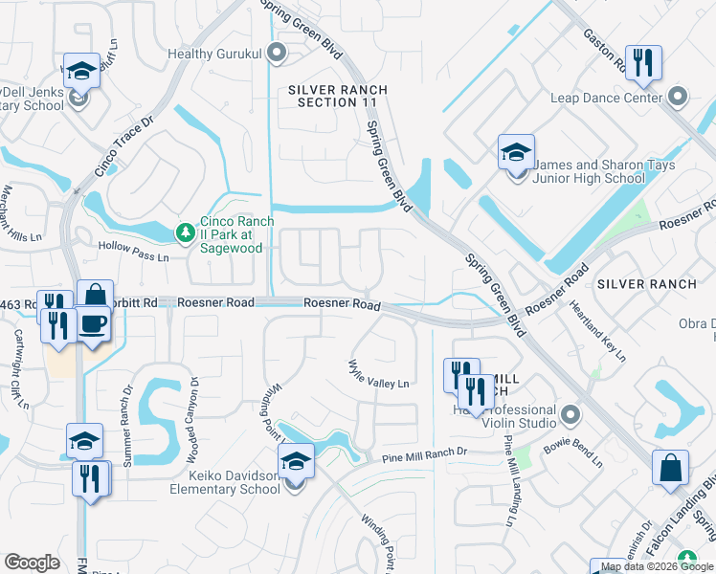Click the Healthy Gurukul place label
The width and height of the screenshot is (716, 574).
(x=215, y=54)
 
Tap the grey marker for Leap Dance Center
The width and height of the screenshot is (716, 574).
(x=679, y=97)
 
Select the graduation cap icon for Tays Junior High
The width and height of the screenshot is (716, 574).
(x=516, y=153)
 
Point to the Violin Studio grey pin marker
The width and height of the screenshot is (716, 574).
(x=571, y=415)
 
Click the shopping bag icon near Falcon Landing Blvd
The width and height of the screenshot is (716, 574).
(x=670, y=470)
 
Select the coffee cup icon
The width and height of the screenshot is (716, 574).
(x=93, y=325)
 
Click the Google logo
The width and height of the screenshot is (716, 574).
(x=33, y=562)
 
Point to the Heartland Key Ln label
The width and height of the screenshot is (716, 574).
(x=597, y=330)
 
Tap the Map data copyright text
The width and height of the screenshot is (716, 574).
(x=658, y=566)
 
